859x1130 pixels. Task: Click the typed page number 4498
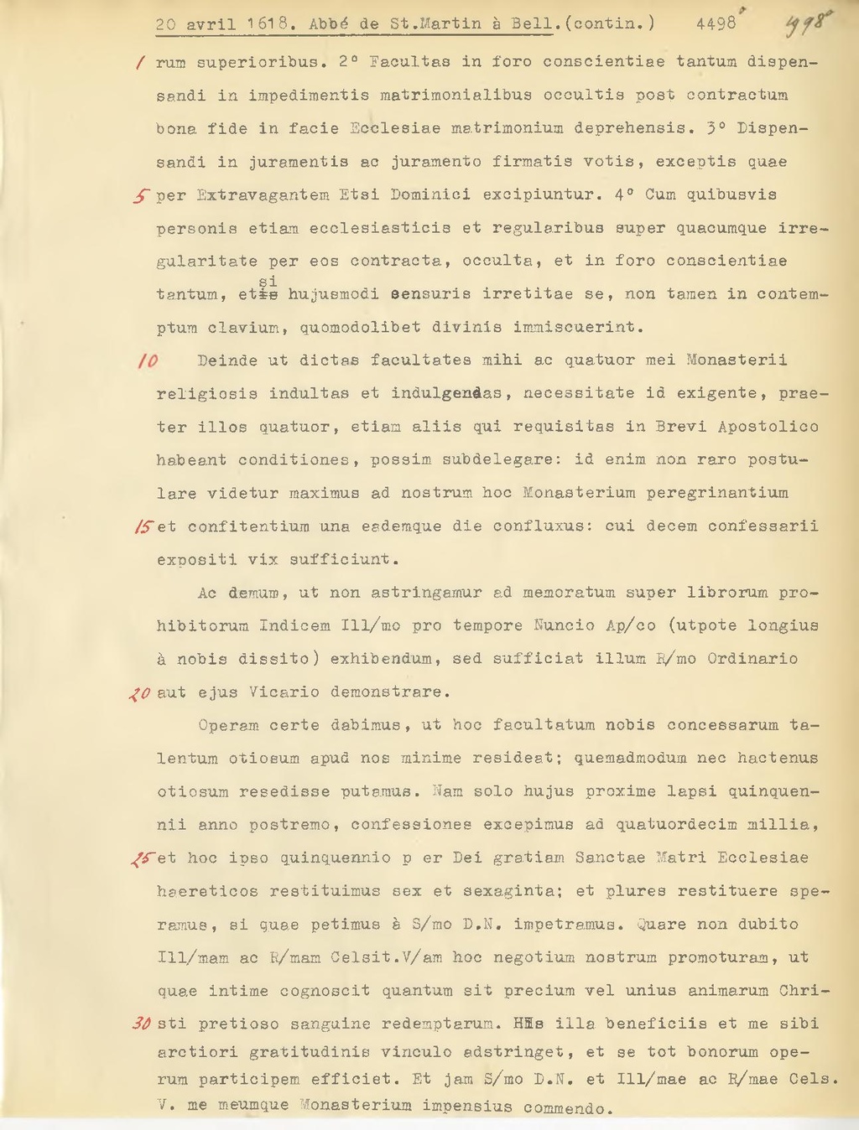pyautogui.click(x=716, y=24)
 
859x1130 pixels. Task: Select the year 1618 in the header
pyautogui.click(x=268, y=24)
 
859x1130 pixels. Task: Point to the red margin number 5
pyautogui.click(x=140, y=196)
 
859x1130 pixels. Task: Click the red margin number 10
pyautogui.click(x=147, y=361)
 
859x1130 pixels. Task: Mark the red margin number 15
pyautogui.click(x=143, y=526)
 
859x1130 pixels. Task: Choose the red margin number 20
pyautogui.click(x=140, y=693)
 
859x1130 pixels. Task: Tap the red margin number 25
pyautogui.click(x=143, y=858)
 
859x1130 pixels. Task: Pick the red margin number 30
pyautogui.click(x=142, y=1024)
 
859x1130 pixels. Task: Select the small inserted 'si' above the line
pyautogui.click(x=268, y=281)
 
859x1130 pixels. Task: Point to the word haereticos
pyautogui.click(x=207, y=891)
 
